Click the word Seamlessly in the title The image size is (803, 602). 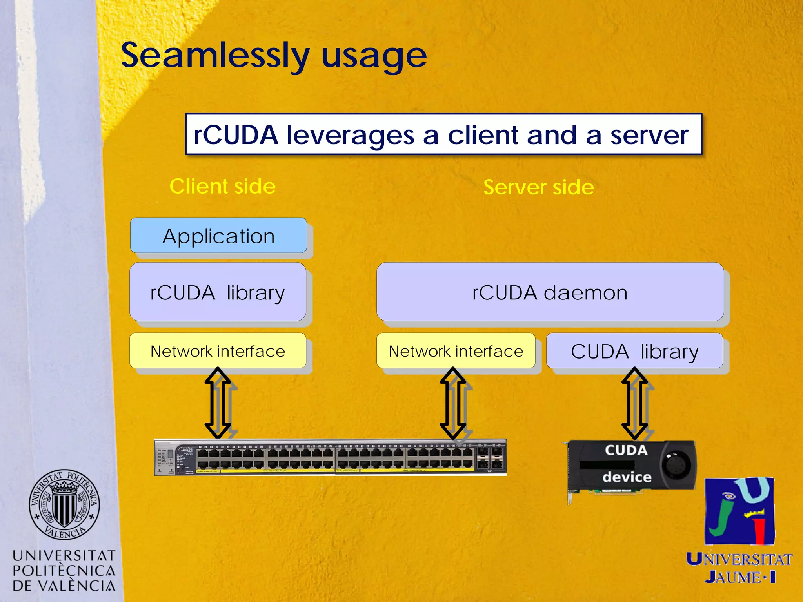[x=215, y=56]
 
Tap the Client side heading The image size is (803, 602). [x=222, y=186]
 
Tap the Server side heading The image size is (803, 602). [x=538, y=187]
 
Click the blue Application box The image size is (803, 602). [x=218, y=236]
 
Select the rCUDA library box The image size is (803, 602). [x=218, y=292]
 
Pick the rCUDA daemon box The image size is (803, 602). [x=550, y=292]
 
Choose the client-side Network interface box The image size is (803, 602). [x=218, y=351]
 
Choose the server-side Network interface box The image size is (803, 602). [x=456, y=351]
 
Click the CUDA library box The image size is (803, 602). [x=634, y=351]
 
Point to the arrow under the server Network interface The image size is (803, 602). [x=453, y=404]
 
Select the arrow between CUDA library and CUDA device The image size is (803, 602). [x=635, y=404]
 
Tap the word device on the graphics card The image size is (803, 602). [x=627, y=477]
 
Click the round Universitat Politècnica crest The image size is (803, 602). [x=64, y=504]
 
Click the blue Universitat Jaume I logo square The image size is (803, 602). [x=739, y=511]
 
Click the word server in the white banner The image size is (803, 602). [x=649, y=135]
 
